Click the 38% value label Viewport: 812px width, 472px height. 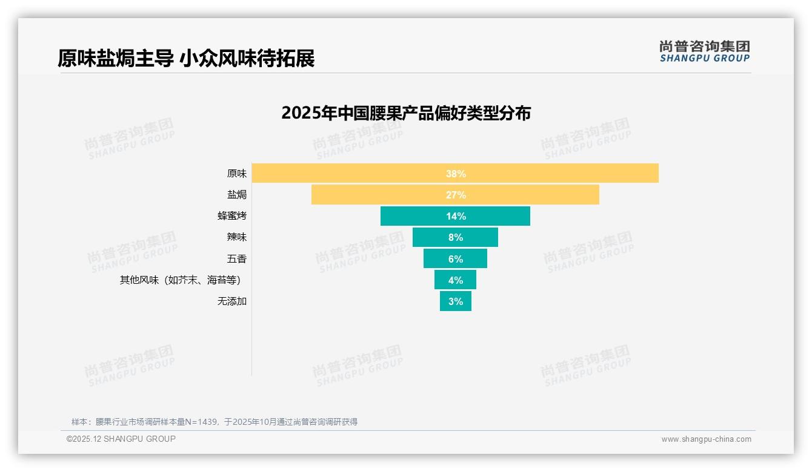coord(456,174)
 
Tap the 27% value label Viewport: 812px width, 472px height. coord(456,195)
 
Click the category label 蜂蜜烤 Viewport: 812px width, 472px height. coord(232,216)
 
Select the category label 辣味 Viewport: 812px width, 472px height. coord(237,237)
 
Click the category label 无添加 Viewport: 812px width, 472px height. coord(232,301)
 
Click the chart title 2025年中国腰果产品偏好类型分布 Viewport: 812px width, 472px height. coord(406,113)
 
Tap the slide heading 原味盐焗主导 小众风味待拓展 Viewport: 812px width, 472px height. coord(186,59)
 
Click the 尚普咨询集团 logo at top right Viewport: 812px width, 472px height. coord(704,51)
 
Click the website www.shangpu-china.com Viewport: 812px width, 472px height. coord(706,439)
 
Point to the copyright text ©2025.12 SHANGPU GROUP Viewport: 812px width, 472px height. coord(121,439)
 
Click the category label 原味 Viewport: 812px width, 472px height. coord(237,174)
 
